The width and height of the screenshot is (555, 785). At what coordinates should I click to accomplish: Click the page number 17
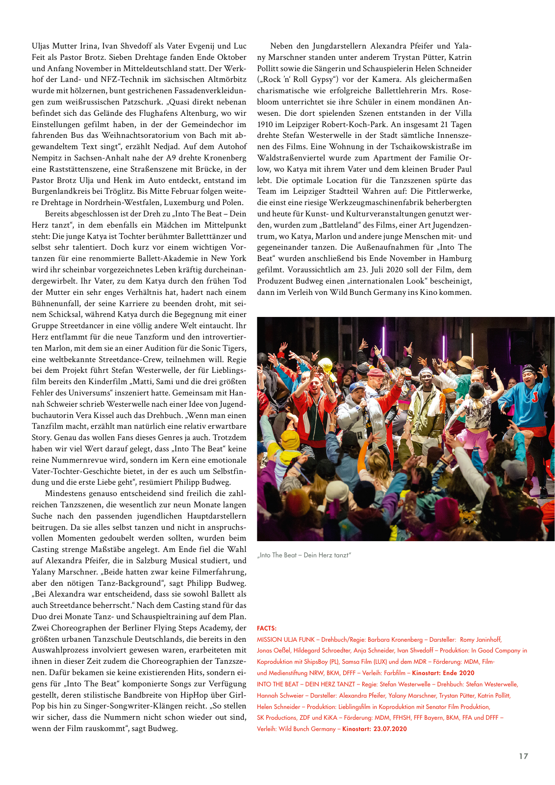[x=523, y=756]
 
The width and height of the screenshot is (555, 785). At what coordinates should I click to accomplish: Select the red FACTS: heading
[x=267, y=628]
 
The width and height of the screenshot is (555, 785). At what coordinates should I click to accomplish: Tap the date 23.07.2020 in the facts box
[x=390, y=729]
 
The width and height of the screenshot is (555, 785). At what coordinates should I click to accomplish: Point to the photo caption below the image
[x=304, y=555]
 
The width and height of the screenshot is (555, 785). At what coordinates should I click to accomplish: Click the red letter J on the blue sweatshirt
[x=534, y=396]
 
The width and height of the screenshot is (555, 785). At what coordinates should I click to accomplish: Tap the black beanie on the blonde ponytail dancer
[x=476, y=390]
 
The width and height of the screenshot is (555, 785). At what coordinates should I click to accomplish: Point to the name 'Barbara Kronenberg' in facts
[x=395, y=639]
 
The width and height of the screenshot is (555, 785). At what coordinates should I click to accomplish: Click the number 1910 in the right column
[x=265, y=124]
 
